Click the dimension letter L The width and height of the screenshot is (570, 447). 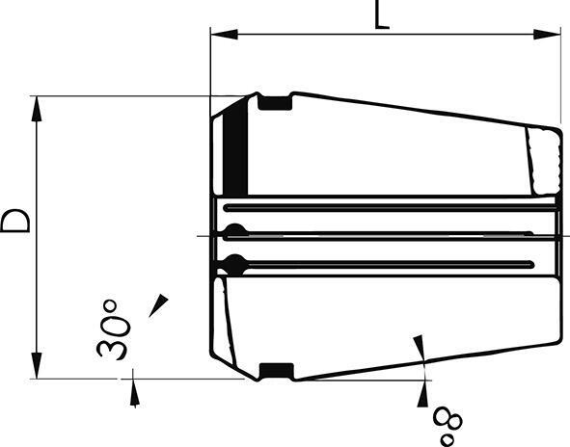tap(382, 14)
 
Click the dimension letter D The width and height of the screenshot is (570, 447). tap(15, 221)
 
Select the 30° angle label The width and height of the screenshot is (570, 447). tap(113, 329)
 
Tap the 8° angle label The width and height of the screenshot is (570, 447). tap(448, 427)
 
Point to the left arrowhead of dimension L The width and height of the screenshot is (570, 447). tap(225, 34)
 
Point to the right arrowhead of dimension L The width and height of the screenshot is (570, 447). tap(547, 34)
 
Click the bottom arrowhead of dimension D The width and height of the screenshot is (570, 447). tap(37, 365)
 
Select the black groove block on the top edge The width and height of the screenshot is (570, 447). tap(275, 103)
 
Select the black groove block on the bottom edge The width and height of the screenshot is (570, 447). tap(277, 370)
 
